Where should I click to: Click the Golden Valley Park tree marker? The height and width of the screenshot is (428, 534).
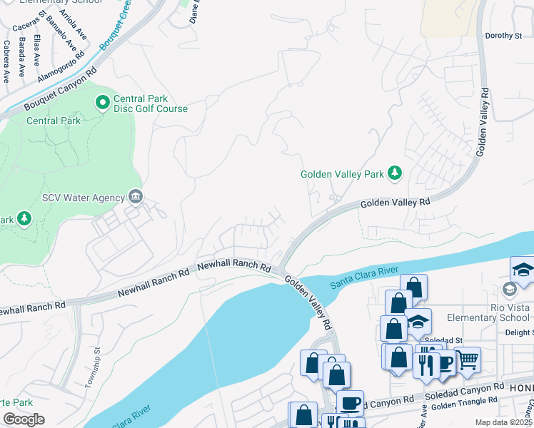click(x=394, y=173)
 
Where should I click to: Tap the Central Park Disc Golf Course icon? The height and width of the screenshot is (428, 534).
click(x=103, y=103)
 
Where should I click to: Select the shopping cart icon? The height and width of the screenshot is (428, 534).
click(x=467, y=361)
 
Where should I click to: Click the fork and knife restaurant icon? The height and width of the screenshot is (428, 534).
click(x=425, y=365)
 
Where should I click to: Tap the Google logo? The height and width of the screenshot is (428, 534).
click(x=24, y=419)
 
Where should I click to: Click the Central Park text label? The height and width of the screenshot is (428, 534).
click(x=54, y=121)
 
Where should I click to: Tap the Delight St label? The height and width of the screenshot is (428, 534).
click(x=518, y=332)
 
